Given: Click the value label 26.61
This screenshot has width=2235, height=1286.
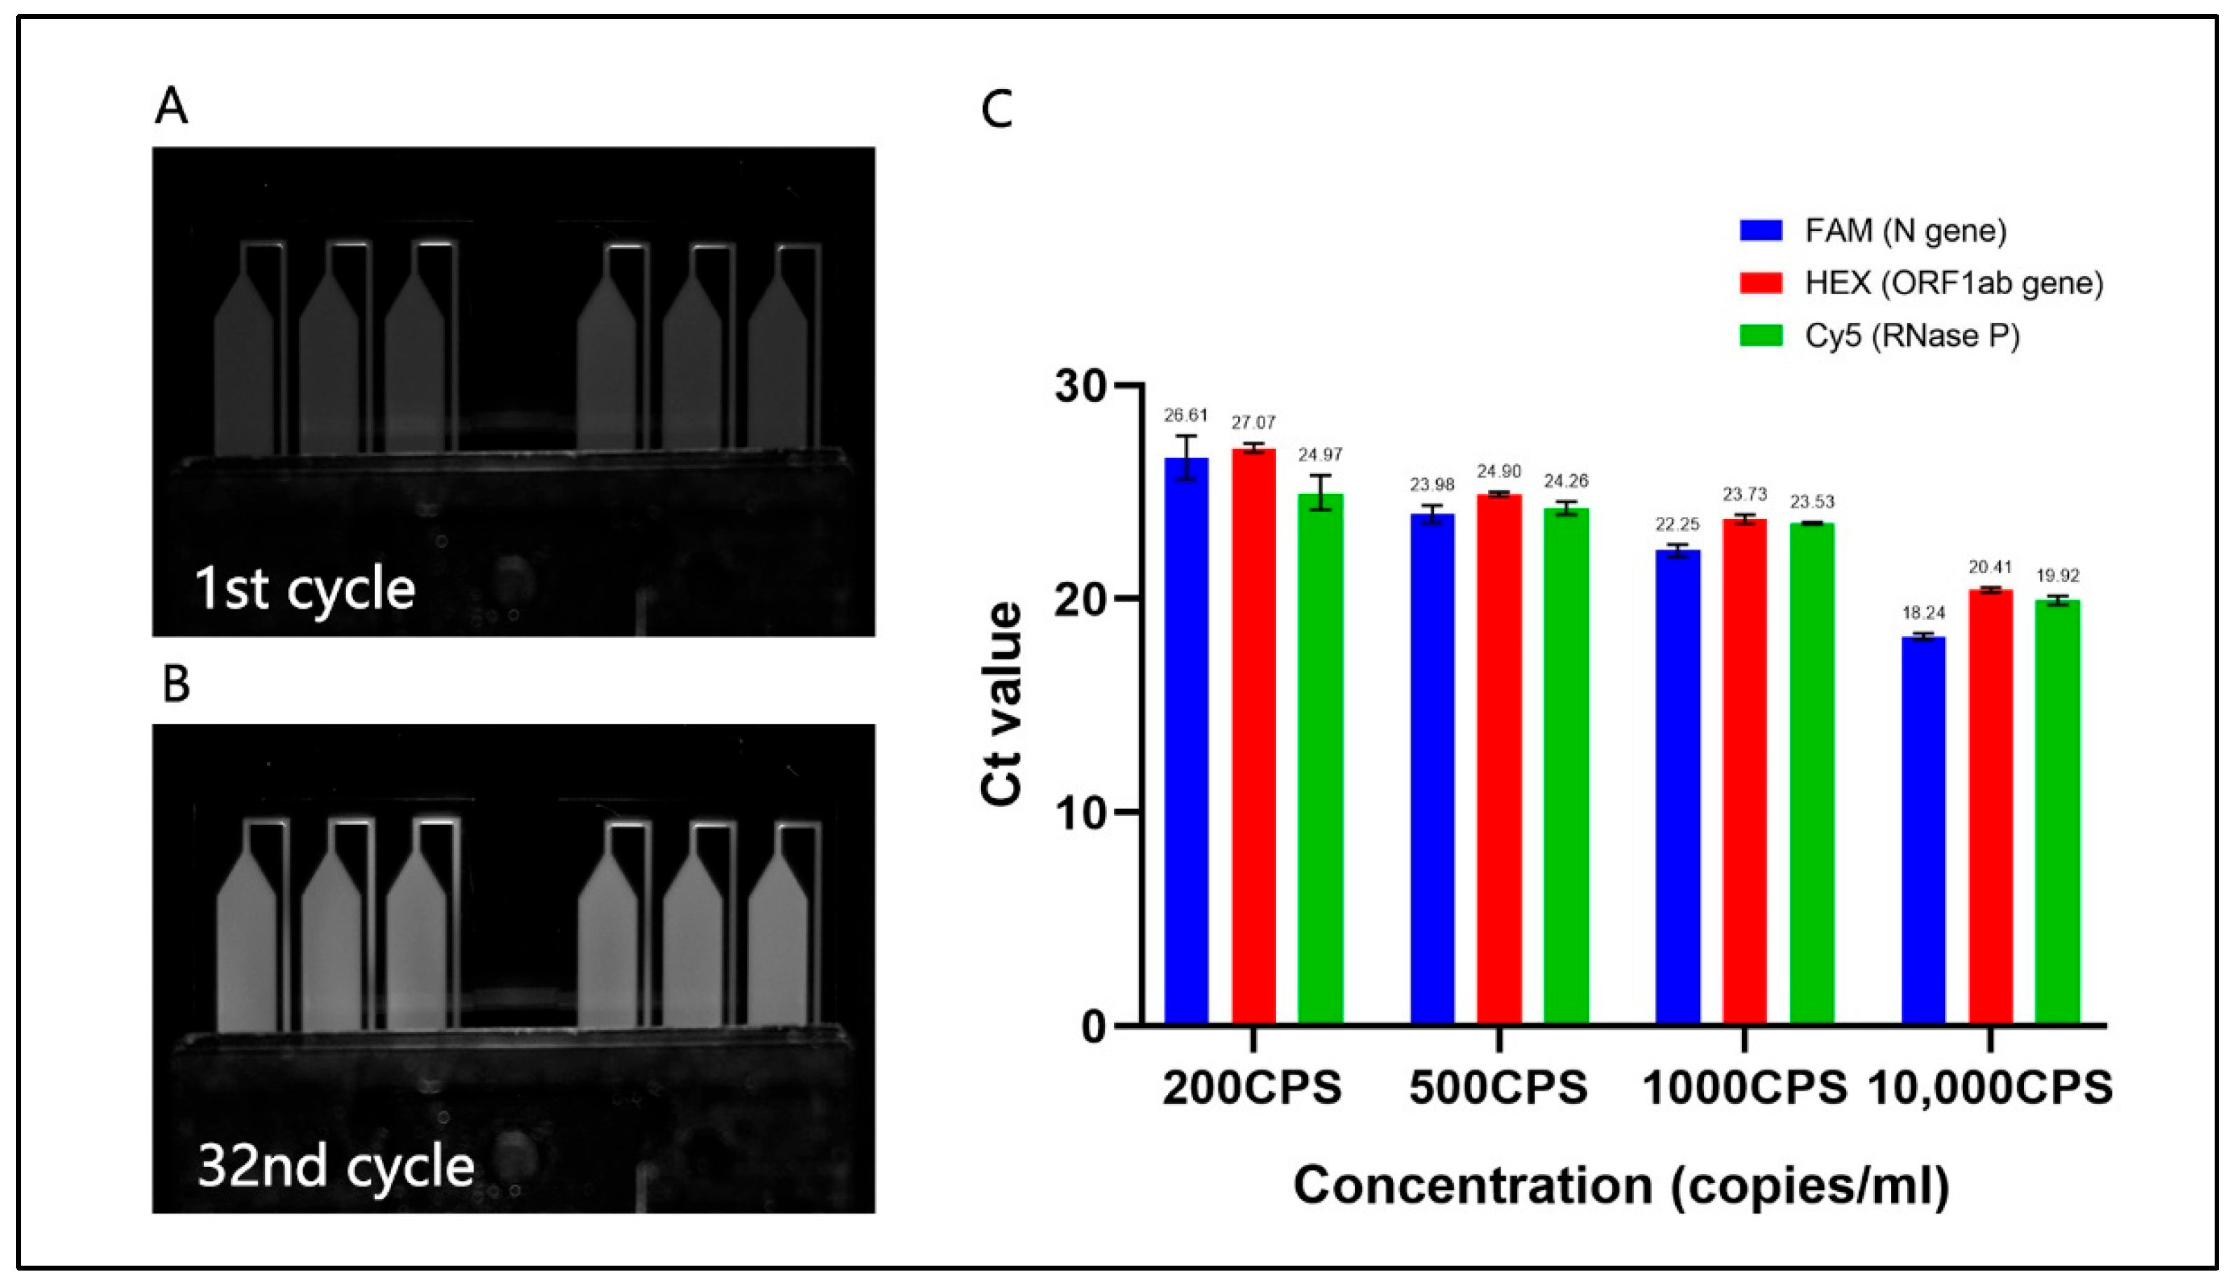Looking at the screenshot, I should tap(1185, 415).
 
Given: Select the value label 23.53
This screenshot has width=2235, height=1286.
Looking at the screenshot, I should tap(1812, 502).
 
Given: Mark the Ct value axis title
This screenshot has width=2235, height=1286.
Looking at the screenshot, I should tap(1003, 704).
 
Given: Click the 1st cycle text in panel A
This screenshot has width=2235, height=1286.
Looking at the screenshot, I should tap(305, 589).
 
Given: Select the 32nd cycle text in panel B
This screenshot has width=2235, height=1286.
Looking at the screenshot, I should tap(336, 1167).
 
